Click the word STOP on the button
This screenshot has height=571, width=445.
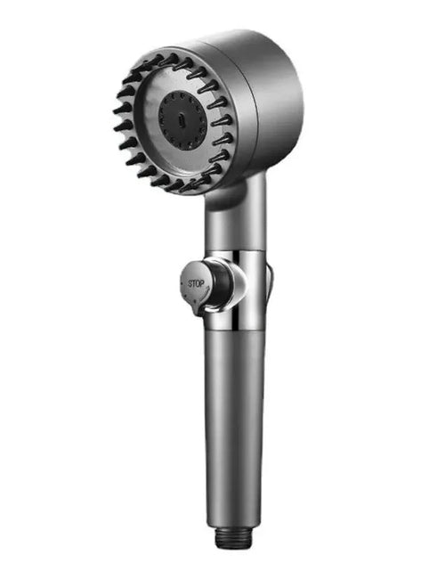196,283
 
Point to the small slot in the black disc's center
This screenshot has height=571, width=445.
182,115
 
